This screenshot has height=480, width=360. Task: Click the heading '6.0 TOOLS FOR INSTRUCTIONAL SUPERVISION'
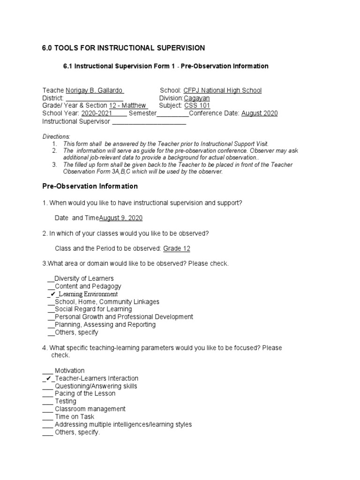(x=123, y=48)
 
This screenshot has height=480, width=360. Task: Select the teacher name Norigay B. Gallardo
(x=95, y=90)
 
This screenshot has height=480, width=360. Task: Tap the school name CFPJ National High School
(x=223, y=90)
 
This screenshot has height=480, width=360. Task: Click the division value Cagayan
(x=197, y=98)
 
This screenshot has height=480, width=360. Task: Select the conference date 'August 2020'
(x=259, y=113)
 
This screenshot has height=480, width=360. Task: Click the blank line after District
(x=94, y=98)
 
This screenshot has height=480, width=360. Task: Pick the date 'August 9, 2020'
(x=121, y=218)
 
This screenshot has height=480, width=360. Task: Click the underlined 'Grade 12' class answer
(x=176, y=248)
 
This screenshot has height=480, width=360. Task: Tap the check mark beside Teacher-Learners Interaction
(x=48, y=378)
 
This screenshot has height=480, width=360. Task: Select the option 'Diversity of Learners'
(x=84, y=278)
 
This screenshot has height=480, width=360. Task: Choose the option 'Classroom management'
(x=90, y=409)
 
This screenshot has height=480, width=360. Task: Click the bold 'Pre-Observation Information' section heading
(x=90, y=186)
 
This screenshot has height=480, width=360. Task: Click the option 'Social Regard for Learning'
(x=93, y=309)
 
